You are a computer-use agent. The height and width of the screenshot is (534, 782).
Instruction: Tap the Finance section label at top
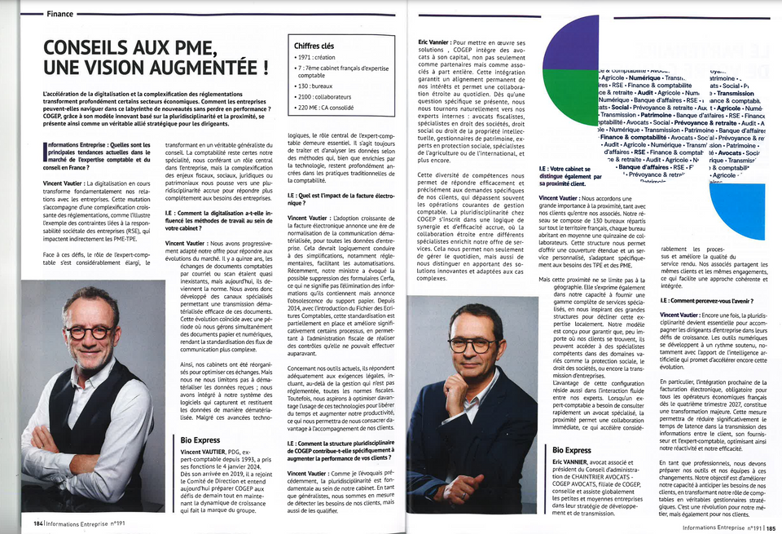click(x=59, y=14)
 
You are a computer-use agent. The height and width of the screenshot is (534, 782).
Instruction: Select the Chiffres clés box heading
click(x=314, y=46)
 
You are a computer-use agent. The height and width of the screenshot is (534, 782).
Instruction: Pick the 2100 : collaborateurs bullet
click(x=329, y=95)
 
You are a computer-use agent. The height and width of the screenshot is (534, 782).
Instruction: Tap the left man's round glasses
click(x=87, y=332)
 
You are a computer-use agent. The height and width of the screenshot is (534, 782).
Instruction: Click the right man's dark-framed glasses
click(x=472, y=346)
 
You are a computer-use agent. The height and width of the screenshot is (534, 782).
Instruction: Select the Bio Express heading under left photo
click(x=200, y=440)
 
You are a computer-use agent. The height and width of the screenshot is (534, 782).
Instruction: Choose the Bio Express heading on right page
click(x=572, y=450)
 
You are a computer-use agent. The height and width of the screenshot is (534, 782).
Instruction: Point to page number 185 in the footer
click(x=770, y=527)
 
